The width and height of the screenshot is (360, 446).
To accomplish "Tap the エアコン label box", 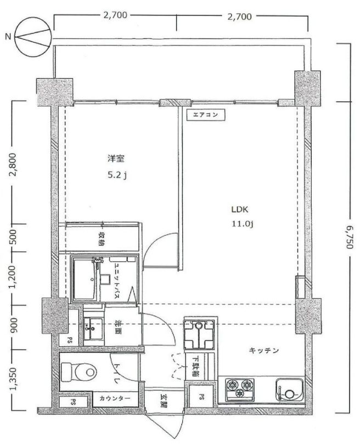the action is (205, 115).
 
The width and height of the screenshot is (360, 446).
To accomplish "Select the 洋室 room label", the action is (116, 159).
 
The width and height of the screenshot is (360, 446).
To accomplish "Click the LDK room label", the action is (239, 210).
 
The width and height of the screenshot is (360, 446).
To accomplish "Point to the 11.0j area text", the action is (242, 224).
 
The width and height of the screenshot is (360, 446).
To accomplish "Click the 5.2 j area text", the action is (117, 174).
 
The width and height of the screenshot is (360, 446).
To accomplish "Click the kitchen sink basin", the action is (289, 389).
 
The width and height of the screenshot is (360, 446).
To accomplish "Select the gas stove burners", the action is (239, 389).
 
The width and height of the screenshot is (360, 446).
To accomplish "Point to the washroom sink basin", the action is (93, 329).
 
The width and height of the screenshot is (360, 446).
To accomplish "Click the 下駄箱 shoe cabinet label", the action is (195, 366).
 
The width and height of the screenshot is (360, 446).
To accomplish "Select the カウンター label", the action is (115, 398).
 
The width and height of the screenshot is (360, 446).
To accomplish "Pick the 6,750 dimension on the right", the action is (350, 236).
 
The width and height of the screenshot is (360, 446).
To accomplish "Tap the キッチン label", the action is (264, 351).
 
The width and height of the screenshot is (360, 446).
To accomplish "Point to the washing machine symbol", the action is (199, 334).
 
